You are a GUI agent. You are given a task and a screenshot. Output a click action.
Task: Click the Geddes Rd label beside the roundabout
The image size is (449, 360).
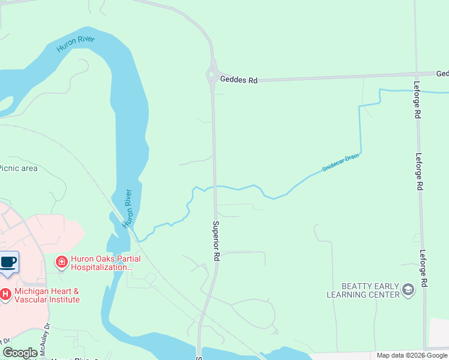(238, 79)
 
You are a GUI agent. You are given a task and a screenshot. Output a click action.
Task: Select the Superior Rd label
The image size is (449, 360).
(216, 240)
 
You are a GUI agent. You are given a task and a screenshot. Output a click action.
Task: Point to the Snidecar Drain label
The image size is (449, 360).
(340, 163)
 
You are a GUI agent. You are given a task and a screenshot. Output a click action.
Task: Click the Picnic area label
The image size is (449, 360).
(19, 168)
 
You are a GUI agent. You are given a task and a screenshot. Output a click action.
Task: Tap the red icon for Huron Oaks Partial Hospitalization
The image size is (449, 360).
(61, 262)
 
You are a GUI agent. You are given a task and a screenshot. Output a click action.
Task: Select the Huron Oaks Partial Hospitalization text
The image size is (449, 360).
(106, 263)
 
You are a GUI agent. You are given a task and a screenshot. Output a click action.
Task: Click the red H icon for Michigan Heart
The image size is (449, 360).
(5, 294)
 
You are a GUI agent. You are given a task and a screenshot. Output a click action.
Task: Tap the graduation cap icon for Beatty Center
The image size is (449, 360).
(408, 290)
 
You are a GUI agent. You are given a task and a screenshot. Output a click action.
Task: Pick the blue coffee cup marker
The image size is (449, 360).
(8, 262)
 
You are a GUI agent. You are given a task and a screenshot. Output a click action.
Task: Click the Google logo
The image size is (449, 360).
(20, 353)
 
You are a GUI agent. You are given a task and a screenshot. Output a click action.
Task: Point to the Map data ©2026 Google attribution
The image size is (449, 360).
(412, 355)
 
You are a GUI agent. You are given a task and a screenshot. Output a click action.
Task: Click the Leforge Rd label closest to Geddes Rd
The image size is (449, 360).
(418, 99)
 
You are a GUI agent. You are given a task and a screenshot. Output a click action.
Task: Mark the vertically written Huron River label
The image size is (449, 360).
(127, 208)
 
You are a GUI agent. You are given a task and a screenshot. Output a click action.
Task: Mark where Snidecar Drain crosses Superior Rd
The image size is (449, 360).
(214, 187)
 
